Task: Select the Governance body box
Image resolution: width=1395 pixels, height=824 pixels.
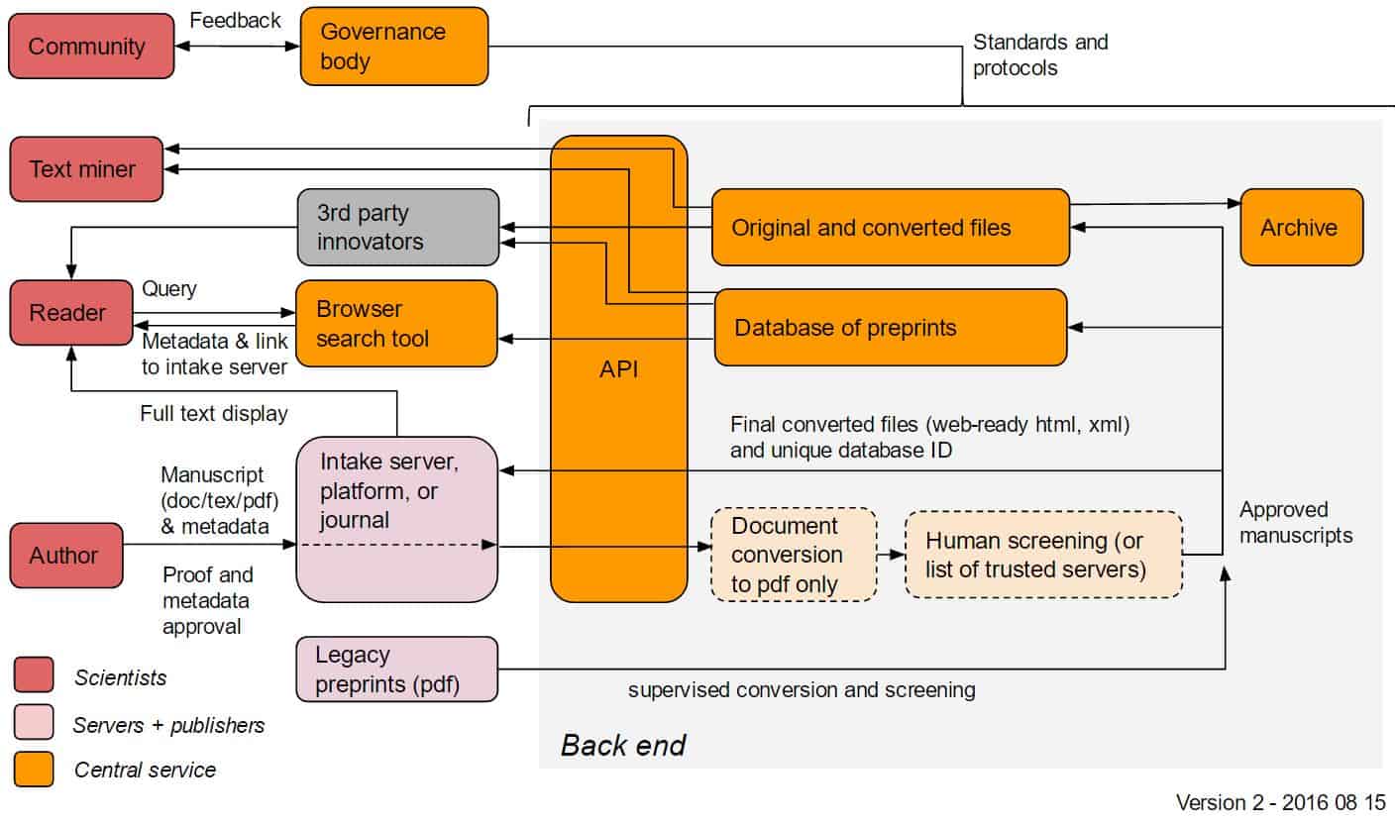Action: (x=394, y=47)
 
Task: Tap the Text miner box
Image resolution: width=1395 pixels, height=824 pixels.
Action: (x=86, y=169)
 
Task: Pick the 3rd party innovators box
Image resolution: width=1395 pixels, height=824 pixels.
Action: (x=397, y=227)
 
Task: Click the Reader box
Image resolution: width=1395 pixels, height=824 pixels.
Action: (x=71, y=313)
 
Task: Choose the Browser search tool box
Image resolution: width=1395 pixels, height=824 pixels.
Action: (x=396, y=324)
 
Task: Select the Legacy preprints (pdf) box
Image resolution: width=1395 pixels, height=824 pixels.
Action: (x=396, y=669)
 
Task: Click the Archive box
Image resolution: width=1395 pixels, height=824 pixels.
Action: (x=1301, y=227)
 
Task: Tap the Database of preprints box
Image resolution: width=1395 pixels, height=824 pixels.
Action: (x=890, y=327)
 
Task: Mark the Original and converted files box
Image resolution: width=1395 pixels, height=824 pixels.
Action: (x=890, y=227)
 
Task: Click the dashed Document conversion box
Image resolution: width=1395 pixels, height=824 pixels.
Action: (x=794, y=555)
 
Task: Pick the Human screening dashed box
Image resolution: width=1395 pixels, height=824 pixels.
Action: (x=1043, y=555)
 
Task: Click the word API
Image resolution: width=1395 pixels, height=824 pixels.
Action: (x=618, y=369)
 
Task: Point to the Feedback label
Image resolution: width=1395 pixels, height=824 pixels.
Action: (x=235, y=20)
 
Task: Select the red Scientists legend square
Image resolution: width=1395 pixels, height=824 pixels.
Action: (x=34, y=676)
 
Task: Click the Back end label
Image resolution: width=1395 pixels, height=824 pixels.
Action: (x=623, y=745)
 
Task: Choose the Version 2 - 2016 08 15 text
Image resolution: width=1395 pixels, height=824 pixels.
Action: (x=1280, y=801)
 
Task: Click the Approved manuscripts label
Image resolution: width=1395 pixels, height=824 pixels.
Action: (x=1296, y=522)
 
